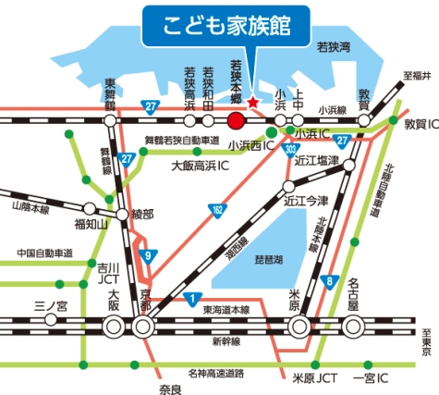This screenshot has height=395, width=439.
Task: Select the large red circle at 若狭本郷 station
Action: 236,120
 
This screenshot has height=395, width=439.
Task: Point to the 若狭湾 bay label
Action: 333,44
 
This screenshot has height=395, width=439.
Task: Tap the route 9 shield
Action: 145,256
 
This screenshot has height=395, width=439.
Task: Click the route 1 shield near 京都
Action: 189,298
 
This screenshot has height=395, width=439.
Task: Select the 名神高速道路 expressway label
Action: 214,373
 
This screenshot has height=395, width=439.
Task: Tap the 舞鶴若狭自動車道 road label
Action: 182,141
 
